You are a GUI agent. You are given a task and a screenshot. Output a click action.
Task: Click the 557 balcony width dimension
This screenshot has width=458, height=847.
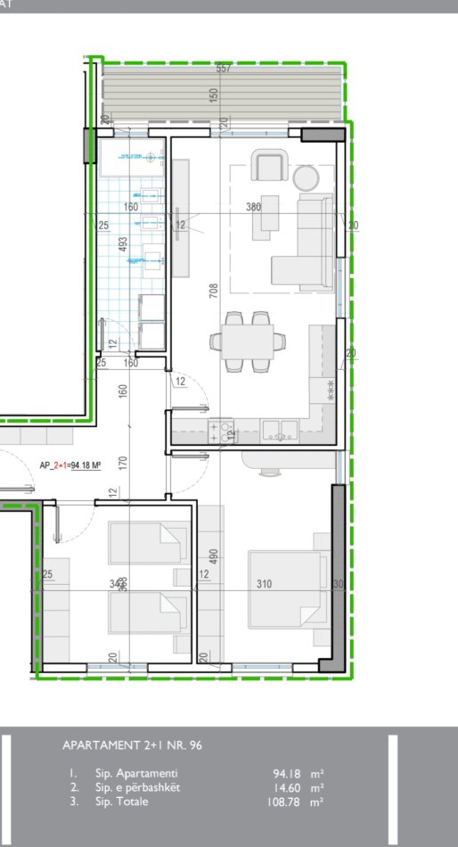(224, 69)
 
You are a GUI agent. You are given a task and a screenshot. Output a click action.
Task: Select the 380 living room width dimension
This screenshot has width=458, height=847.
(253, 207)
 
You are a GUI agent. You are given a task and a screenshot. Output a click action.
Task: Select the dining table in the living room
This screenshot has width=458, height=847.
(249, 340)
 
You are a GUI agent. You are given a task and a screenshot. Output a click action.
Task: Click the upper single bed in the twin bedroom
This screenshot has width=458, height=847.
(147, 538)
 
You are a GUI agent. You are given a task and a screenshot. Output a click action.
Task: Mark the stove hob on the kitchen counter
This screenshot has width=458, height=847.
(220, 432)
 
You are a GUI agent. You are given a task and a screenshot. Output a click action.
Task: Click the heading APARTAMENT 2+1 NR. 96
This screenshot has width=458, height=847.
(133, 745)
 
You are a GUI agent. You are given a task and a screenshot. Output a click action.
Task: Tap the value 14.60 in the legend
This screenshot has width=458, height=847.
(290, 788)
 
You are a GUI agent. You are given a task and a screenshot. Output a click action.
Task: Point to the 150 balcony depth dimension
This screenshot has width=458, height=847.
(214, 95)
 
